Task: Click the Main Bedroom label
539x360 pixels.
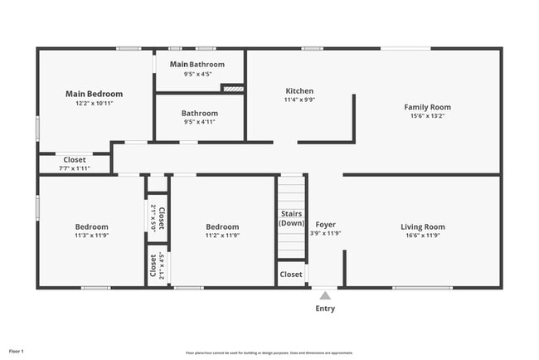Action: click(x=94, y=94)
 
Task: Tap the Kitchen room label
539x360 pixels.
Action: click(x=299, y=90)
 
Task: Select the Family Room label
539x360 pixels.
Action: click(x=427, y=107)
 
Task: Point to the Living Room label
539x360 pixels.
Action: click(x=423, y=226)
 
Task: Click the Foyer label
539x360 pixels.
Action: click(x=326, y=225)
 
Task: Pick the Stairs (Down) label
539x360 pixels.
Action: click(x=291, y=219)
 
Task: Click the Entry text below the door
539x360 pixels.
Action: click(x=326, y=309)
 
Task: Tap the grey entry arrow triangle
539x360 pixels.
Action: click(x=326, y=294)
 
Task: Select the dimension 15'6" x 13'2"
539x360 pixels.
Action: click(x=427, y=116)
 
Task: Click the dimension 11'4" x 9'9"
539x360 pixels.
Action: click(x=299, y=100)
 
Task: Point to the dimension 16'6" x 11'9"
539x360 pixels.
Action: click(x=423, y=236)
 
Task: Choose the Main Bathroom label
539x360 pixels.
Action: click(x=197, y=64)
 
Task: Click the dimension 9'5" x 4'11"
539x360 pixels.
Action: click(x=200, y=122)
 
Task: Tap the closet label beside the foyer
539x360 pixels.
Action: click(x=291, y=274)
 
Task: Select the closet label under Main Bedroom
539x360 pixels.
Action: click(x=75, y=159)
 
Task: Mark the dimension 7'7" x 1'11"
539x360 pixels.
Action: click(x=75, y=168)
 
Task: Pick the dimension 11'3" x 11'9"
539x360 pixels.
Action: click(x=91, y=236)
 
